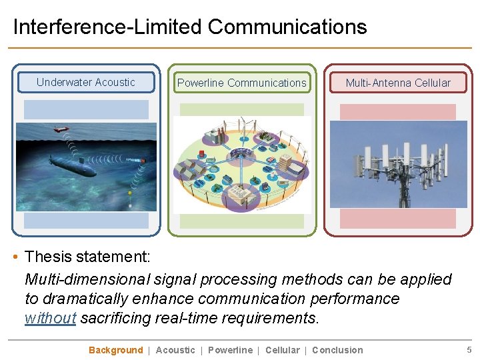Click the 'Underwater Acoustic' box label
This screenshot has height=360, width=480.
coord(86,82)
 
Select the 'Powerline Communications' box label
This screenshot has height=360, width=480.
coord(242,83)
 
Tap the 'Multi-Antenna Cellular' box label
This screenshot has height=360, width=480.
coord(398,83)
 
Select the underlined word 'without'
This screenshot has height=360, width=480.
coord(50,318)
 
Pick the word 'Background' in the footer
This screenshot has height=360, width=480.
coord(115,350)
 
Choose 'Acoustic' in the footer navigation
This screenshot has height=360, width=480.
coord(175,350)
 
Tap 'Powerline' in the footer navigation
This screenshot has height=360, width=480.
coord(230,350)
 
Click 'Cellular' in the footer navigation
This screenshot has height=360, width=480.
coord(282,350)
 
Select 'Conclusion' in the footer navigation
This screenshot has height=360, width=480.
coord(337,350)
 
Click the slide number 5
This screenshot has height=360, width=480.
coord(469,350)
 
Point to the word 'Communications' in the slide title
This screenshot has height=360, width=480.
coord(287,27)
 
